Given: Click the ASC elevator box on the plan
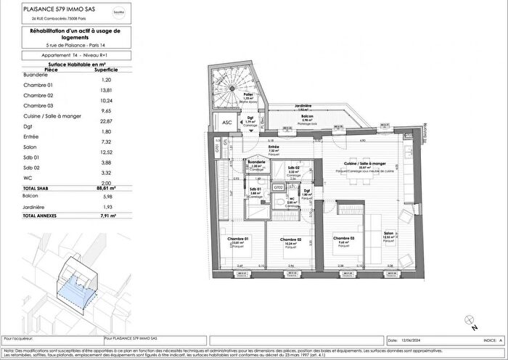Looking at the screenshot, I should pyautogui.click(x=226, y=123).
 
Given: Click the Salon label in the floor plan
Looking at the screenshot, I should pyautogui.click(x=389, y=234).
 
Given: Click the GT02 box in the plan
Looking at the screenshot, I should pyautogui.click(x=278, y=187).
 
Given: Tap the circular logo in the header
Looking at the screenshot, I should pyautogui.click(x=138, y=13).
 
